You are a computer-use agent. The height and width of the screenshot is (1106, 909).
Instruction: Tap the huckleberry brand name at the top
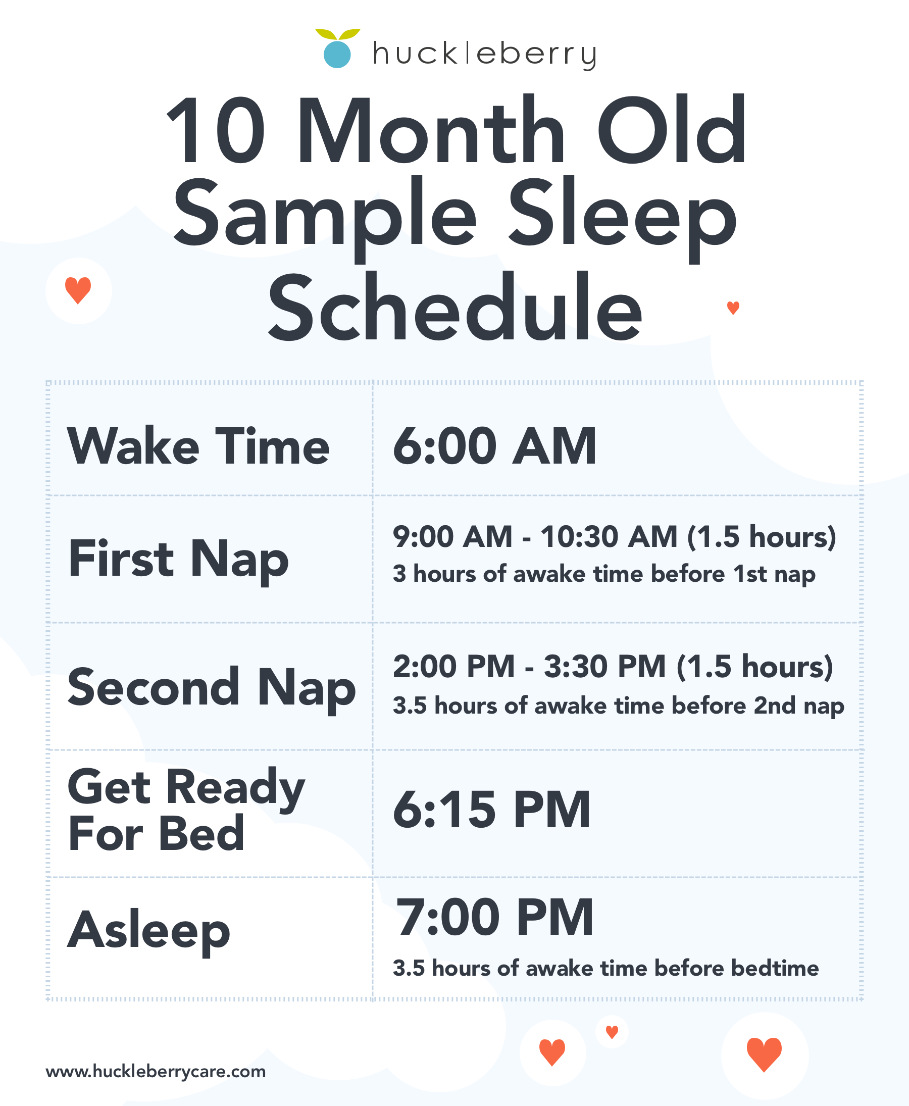[484, 55]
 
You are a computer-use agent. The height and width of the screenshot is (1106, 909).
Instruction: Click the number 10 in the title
[216, 130]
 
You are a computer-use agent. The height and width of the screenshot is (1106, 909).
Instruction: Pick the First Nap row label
[179, 560]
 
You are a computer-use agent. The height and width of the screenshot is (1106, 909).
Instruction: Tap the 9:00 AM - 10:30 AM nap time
[614, 537]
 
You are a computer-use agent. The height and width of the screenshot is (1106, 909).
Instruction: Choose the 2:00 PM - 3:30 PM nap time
[613, 667]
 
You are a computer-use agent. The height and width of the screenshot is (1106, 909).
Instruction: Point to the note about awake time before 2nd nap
[619, 706]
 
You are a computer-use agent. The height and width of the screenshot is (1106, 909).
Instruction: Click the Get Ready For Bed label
[186, 810]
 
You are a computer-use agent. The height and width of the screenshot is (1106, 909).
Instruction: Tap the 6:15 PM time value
[492, 810]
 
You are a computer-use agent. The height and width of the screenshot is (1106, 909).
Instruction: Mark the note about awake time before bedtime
[606, 968]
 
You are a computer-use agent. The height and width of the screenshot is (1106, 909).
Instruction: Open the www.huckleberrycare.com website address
[156, 1072]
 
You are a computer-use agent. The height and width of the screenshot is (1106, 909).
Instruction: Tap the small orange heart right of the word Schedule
[733, 308]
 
